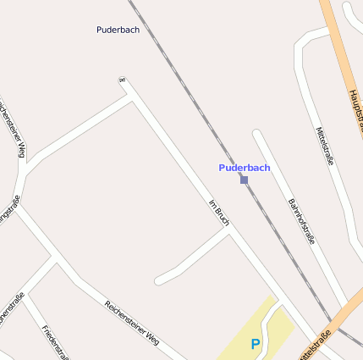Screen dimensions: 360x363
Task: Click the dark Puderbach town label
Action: [x=118, y=30]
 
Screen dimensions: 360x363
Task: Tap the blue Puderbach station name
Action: [x=245, y=168]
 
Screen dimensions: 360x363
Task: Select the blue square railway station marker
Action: [x=245, y=180]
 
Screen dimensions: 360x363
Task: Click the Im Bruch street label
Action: [x=219, y=213]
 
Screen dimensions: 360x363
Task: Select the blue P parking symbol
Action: [x=256, y=345]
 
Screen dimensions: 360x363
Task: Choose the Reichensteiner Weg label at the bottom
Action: [x=132, y=323]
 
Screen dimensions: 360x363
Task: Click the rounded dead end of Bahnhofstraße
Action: [x=257, y=134]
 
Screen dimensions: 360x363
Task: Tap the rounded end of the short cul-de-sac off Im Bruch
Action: [x=159, y=279]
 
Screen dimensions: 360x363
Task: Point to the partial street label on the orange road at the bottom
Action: [x=312, y=346]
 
